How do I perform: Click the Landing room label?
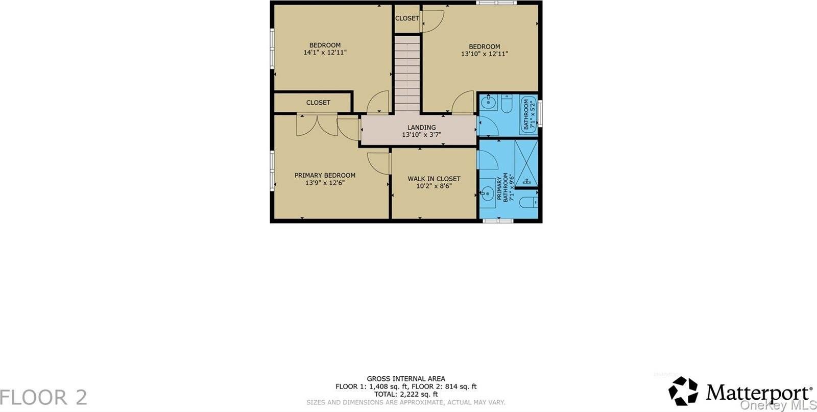click(421, 127)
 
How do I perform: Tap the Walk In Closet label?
click(434, 179)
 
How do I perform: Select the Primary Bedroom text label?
click(325, 175)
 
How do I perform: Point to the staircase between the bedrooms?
click(407, 74)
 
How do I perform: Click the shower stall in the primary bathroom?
click(526, 163)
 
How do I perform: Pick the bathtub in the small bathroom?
click(529, 114)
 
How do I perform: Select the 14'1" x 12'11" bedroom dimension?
click(325, 53)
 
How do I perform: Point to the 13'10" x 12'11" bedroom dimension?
click(485, 54)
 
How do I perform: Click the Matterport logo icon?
click(683, 391)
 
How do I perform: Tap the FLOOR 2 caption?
click(43, 397)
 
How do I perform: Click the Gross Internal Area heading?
click(406, 379)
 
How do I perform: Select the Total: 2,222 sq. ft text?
click(406, 394)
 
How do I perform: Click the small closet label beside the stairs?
click(407, 18)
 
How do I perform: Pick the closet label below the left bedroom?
click(318, 103)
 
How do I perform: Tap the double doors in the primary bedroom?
click(317, 126)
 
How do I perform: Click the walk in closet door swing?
click(378, 163)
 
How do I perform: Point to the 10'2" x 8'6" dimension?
click(434, 186)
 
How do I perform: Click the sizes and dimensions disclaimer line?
click(405, 402)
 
